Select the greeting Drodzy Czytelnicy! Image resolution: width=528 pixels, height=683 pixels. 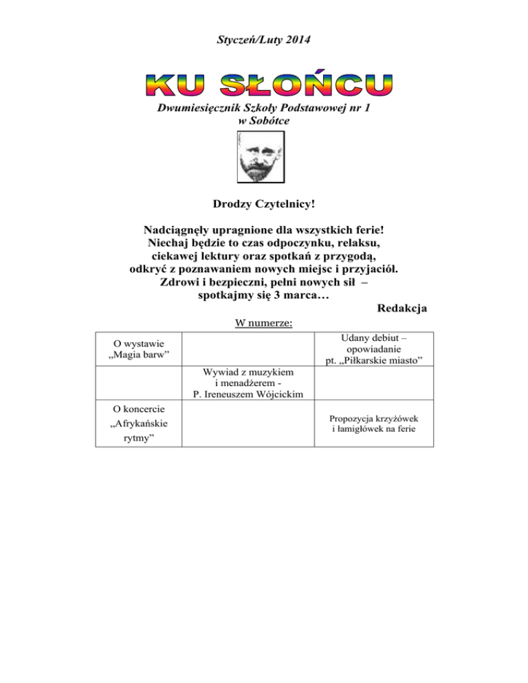(x=264, y=204)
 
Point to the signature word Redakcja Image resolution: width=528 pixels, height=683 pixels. (x=402, y=309)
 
